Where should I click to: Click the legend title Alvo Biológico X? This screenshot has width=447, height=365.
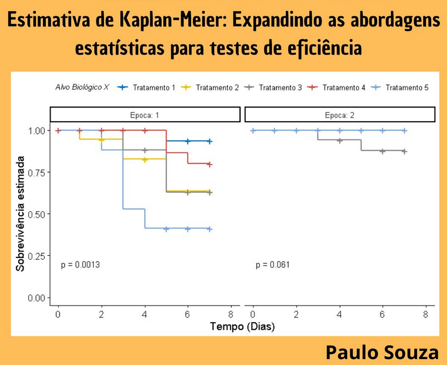coord(82,88)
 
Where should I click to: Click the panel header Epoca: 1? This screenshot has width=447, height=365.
coord(145,115)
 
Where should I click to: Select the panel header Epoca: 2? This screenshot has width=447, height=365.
coord(339,115)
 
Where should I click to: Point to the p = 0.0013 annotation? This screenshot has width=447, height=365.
coord(80,265)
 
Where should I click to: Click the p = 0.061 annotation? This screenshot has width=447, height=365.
coord(272,265)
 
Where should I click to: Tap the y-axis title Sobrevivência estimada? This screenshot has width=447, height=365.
coord(21,213)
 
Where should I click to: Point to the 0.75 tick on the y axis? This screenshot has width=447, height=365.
coord(37,172)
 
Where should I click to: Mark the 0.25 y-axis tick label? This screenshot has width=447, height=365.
coord(37,256)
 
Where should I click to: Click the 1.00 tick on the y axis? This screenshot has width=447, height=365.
coord(37,130)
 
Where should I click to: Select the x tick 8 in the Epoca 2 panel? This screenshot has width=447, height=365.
coord(425,315)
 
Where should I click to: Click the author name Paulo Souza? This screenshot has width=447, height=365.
coord(382,352)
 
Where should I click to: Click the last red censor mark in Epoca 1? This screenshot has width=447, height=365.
coord(209,165)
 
